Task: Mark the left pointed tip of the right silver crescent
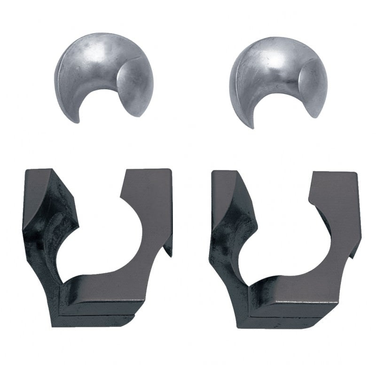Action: pos(252,126)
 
